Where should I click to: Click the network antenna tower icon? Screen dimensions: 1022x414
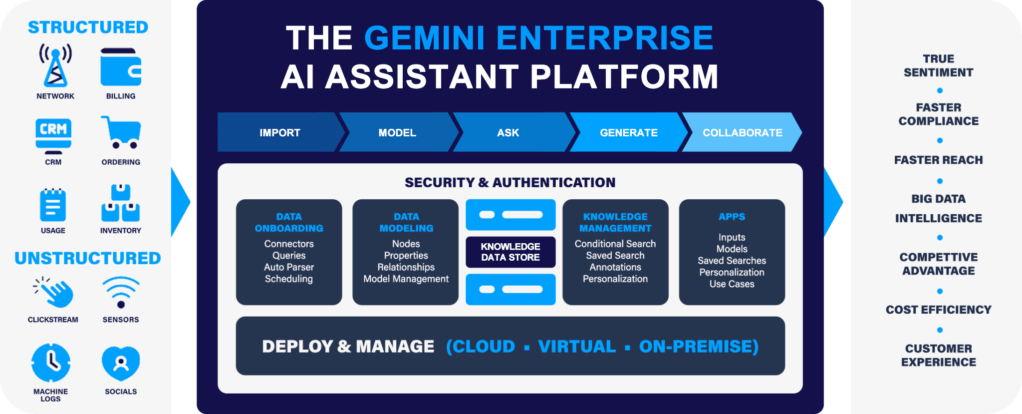click(55, 65)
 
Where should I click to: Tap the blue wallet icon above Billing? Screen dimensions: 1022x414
click(121, 67)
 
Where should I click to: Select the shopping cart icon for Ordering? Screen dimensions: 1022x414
click(121, 132)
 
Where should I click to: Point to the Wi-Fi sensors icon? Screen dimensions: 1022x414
click(121, 292)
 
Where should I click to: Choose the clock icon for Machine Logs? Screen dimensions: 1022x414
click(51, 363)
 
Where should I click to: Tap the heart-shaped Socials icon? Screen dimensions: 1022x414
click(121, 363)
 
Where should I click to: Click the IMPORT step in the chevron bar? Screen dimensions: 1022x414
click(280, 132)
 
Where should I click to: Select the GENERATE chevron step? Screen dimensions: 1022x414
click(629, 132)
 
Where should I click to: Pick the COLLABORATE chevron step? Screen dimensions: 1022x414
click(743, 132)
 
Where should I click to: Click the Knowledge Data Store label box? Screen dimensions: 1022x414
click(511, 252)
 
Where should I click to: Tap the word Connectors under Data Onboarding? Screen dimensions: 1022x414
click(289, 244)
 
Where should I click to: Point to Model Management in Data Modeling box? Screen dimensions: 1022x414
click(406, 279)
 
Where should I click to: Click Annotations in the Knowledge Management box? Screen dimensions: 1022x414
click(615, 267)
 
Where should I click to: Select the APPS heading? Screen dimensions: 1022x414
click(732, 217)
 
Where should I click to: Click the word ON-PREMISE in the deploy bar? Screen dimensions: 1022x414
click(699, 347)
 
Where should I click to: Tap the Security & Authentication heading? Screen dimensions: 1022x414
click(510, 182)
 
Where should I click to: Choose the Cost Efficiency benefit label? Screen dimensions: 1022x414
click(939, 310)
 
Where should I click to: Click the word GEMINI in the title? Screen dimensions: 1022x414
click(425, 38)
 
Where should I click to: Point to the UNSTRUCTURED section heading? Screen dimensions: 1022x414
click(88, 258)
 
